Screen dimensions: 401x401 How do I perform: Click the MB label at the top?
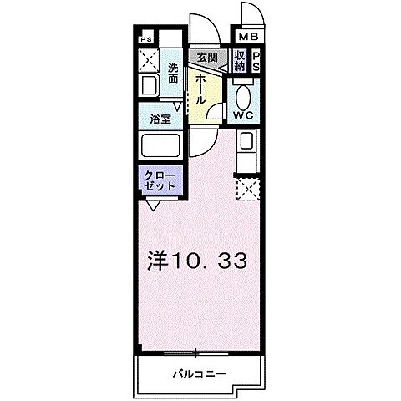250,38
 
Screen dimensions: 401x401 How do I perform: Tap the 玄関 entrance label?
206,58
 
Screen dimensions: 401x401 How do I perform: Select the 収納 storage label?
240,60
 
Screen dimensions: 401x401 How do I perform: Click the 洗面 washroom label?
172,73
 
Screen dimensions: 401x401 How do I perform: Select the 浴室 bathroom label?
160,119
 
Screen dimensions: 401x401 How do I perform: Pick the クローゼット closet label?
160,180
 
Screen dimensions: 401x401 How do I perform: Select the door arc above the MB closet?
250,15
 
